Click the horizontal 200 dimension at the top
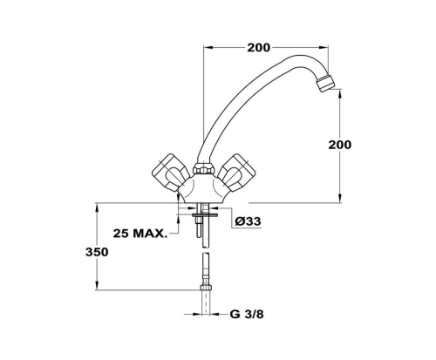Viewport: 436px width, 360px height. [258, 48]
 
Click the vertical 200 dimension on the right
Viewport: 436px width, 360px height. [340, 145]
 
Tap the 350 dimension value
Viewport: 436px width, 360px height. [97, 252]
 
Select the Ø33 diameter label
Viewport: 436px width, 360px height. [248, 221]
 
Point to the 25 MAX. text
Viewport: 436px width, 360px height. [140, 234]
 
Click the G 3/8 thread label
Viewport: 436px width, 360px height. [247, 314]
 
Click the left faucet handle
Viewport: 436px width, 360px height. [170, 173]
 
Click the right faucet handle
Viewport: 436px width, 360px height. [236, 173]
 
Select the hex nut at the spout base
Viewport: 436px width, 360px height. [204, 169]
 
